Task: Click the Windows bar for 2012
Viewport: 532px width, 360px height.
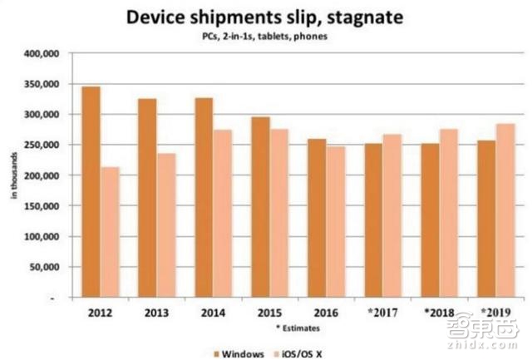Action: pyautogui.click(x=91, y=192)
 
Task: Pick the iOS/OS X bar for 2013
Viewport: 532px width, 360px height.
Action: pyautogui.click(x=166, y=225)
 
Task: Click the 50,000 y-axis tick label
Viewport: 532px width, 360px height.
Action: pyautogui.click(x=40, y=267)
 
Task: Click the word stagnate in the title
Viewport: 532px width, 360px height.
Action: pyautogui.click(x=362, y=17)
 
